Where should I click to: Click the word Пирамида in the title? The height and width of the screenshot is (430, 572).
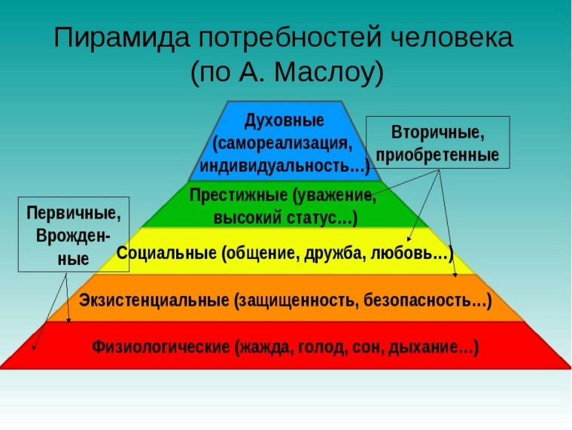click(112, 38)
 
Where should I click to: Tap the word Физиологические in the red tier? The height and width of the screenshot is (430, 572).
click(160, 348)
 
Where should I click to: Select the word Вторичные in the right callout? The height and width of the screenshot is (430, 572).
click(437, 133)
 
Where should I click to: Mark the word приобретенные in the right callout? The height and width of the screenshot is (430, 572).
click(437, 156)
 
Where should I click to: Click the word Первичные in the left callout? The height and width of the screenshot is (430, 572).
click(73, 213)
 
